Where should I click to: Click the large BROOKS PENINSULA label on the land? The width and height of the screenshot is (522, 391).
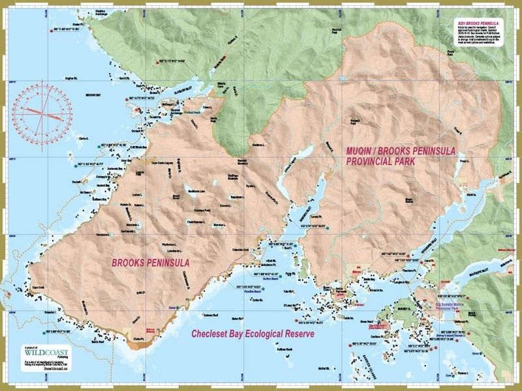pyautogui.click(x=151, y=263)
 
